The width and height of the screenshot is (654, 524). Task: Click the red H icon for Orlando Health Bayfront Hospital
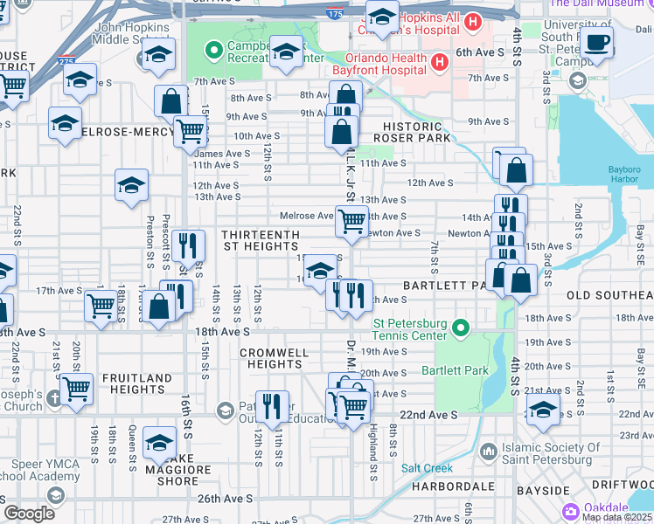coord(439,63)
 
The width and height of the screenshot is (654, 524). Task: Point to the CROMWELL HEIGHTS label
coord(271,358)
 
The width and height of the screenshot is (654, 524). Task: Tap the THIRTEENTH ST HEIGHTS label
coord(261,241)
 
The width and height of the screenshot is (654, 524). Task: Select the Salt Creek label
coord(427,467)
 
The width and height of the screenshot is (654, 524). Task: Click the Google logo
coord(29,513)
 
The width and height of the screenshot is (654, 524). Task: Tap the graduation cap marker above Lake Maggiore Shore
coord(159,443)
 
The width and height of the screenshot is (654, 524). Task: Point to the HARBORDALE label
coord(445,486)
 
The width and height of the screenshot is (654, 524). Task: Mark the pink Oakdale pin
coord(571,511)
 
